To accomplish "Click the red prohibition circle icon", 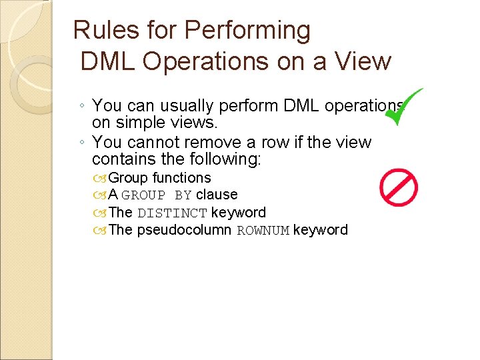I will pyautogui.click(x=399, y=187).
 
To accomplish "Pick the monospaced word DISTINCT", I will pyautogui.click(x=172, y=213).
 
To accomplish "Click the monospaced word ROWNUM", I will pyautogui.click(x=263, y=231).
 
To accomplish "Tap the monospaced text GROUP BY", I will pyautogui.click(x=157, y=195).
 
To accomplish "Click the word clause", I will pyautogui.click(x=217, y=195).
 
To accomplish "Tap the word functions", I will pyautogui.click(x=181, y=178).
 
